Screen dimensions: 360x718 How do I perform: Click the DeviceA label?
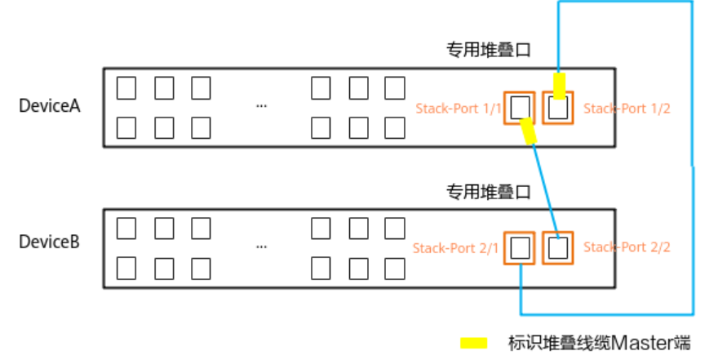tap(50, 106)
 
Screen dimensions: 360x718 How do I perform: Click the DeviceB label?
tap(50, 242)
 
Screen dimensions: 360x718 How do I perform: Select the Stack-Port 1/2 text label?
tap(627, 108)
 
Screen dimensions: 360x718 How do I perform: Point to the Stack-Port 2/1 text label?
tap(455, 247)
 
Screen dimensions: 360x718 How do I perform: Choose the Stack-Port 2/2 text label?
tap(627, 247)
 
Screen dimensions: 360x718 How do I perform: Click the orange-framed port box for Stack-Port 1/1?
tap(520, 107)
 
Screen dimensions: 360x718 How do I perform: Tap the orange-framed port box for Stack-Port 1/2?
tap(558, 107)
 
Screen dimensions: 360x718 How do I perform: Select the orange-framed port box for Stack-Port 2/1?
tap(520, 247)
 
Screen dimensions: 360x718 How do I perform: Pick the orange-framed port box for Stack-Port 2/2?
tap(558, 247)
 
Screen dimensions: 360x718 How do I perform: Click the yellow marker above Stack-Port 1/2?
tap(559, 83)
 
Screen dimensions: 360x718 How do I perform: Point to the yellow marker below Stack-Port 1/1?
tap(529, 131)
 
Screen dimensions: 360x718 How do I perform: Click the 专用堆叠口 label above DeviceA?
tap(488, 51)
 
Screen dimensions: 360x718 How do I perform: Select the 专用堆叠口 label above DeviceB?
tap(488, 192)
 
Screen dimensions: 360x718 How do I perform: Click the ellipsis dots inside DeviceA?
tap(261, 106)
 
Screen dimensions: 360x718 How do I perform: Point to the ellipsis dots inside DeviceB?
tap(261, 245)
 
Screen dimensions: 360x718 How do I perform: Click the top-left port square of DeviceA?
tap(126, 87)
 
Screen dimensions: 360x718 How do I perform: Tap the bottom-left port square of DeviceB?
tap(126, 267)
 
